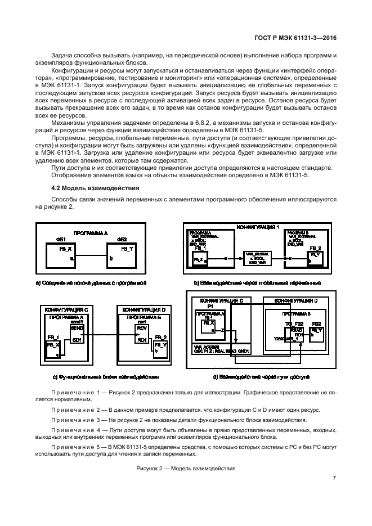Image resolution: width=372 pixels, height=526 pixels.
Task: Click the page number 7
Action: tap(334, 478)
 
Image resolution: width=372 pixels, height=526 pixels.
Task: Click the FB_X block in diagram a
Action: tap(62, 252)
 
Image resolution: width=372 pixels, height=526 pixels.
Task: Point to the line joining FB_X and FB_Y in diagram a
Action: tap(91, 258)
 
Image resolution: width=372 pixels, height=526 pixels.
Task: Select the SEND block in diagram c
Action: tap(77, 327)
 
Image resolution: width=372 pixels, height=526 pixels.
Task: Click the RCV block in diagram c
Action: tap(141, 327)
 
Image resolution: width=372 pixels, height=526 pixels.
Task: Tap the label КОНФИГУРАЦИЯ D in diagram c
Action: tap(144, 309)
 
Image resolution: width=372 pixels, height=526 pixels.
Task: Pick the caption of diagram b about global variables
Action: tap(257, 282)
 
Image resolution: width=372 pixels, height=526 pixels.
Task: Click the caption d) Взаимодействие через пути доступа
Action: tap(261, 376)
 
